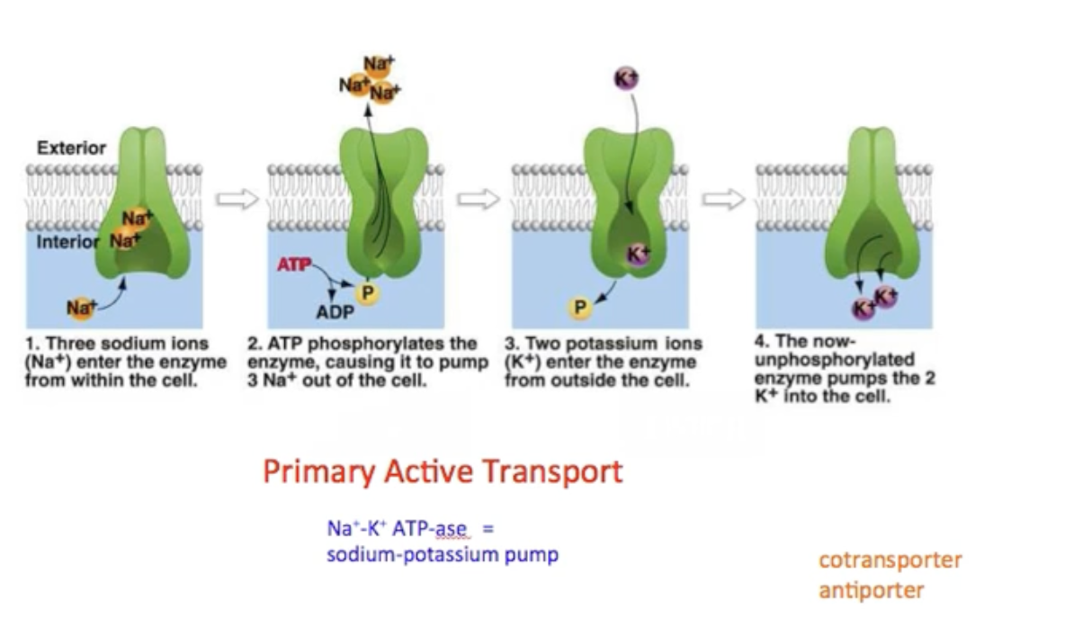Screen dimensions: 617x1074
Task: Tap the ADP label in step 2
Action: [335, 313]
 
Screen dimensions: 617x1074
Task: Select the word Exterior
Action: [71, 148]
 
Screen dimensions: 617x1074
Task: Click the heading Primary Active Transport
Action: [443, 471]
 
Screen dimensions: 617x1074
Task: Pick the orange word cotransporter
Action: [890, 559]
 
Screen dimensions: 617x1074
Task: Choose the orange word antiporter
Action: [871, 590]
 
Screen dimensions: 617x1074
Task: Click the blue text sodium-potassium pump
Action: [442, 554]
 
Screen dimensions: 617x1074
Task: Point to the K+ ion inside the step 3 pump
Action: [637, 255]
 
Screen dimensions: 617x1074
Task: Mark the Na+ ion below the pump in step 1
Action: [79, 308]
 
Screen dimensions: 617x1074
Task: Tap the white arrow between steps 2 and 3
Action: [478, 200]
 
